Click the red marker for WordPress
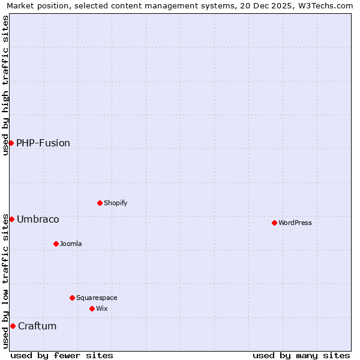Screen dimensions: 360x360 click(274, 223)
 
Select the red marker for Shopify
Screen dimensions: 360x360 click(100, 203)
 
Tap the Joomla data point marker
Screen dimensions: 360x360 click(56, 244)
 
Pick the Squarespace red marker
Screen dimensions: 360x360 click(72, 298)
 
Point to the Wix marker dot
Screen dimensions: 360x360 click(92, 308)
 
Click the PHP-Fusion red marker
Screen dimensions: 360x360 click(11, 143)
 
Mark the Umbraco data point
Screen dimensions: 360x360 click(11, 219)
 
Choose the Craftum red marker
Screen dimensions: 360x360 click(13, 326)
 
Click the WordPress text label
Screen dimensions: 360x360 click(295, 223)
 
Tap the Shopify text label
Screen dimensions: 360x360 click(116, 203)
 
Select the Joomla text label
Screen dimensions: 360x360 click(71, 244)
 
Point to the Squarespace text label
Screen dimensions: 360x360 click(97, 298)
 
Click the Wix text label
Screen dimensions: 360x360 click(102, 308)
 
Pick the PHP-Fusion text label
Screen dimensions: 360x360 click(43, 143)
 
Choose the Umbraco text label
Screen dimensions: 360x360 click(38, 219)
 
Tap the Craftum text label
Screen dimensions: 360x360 click(37, 326)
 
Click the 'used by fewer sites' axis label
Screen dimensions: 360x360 click(62, 355)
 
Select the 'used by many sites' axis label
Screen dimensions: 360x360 click(301, 355)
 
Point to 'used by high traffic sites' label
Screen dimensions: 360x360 click(5, 85)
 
